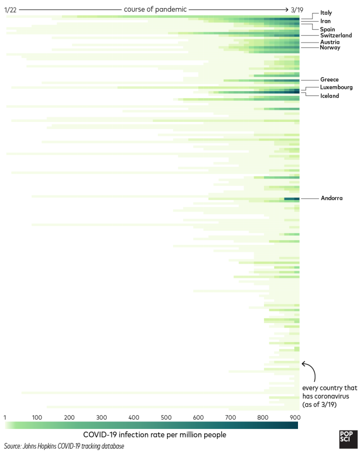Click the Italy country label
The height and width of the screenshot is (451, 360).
326,12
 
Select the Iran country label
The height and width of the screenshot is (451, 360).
326,21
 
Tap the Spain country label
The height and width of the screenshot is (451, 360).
328,29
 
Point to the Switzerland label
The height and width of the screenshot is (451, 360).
336,36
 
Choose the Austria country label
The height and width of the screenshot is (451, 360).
329,42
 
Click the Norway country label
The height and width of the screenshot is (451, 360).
330,47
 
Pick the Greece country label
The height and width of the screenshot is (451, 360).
329,80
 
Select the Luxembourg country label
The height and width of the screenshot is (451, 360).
336,87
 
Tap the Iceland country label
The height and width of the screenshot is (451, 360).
330,96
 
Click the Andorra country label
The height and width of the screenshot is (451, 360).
331,199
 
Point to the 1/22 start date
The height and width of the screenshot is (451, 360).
11,10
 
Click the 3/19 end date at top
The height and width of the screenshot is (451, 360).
297,10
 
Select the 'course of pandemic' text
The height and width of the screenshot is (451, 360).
155,10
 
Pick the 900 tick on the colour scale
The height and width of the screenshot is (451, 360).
295,418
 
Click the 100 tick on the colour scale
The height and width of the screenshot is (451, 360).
37,418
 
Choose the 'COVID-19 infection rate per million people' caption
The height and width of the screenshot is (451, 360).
154,435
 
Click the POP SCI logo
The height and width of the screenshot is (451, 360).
346,439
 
